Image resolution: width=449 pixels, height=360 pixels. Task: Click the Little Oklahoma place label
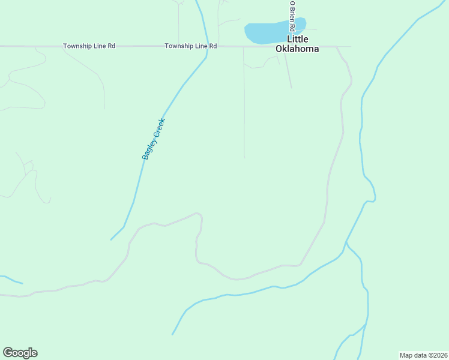tap(297, 44)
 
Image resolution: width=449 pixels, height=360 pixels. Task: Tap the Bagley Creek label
tap(153, 139)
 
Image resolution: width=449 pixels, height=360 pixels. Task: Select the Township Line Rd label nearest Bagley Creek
tap(191, 46)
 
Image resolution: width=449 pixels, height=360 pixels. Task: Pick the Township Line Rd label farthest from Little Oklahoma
tap(89, 46)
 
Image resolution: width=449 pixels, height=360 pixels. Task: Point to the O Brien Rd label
tap(292, 16)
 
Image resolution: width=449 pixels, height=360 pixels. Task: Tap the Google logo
tap(20, 353)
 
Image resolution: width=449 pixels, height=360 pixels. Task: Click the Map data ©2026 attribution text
tap(423, 355)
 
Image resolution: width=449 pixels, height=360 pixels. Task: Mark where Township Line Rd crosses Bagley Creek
tap(208, 46)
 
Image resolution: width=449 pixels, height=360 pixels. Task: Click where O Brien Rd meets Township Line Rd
tap(285, 46)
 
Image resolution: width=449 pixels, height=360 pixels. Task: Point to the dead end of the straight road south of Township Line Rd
tap(244, 158)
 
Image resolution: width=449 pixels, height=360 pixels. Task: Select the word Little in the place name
tap(297, 40)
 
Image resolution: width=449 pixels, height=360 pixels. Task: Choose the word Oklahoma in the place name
tap(297, 49)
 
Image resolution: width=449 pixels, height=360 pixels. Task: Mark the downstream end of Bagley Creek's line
tap(111, 239)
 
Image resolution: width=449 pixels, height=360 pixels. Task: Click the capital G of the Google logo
tap(8, 353)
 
